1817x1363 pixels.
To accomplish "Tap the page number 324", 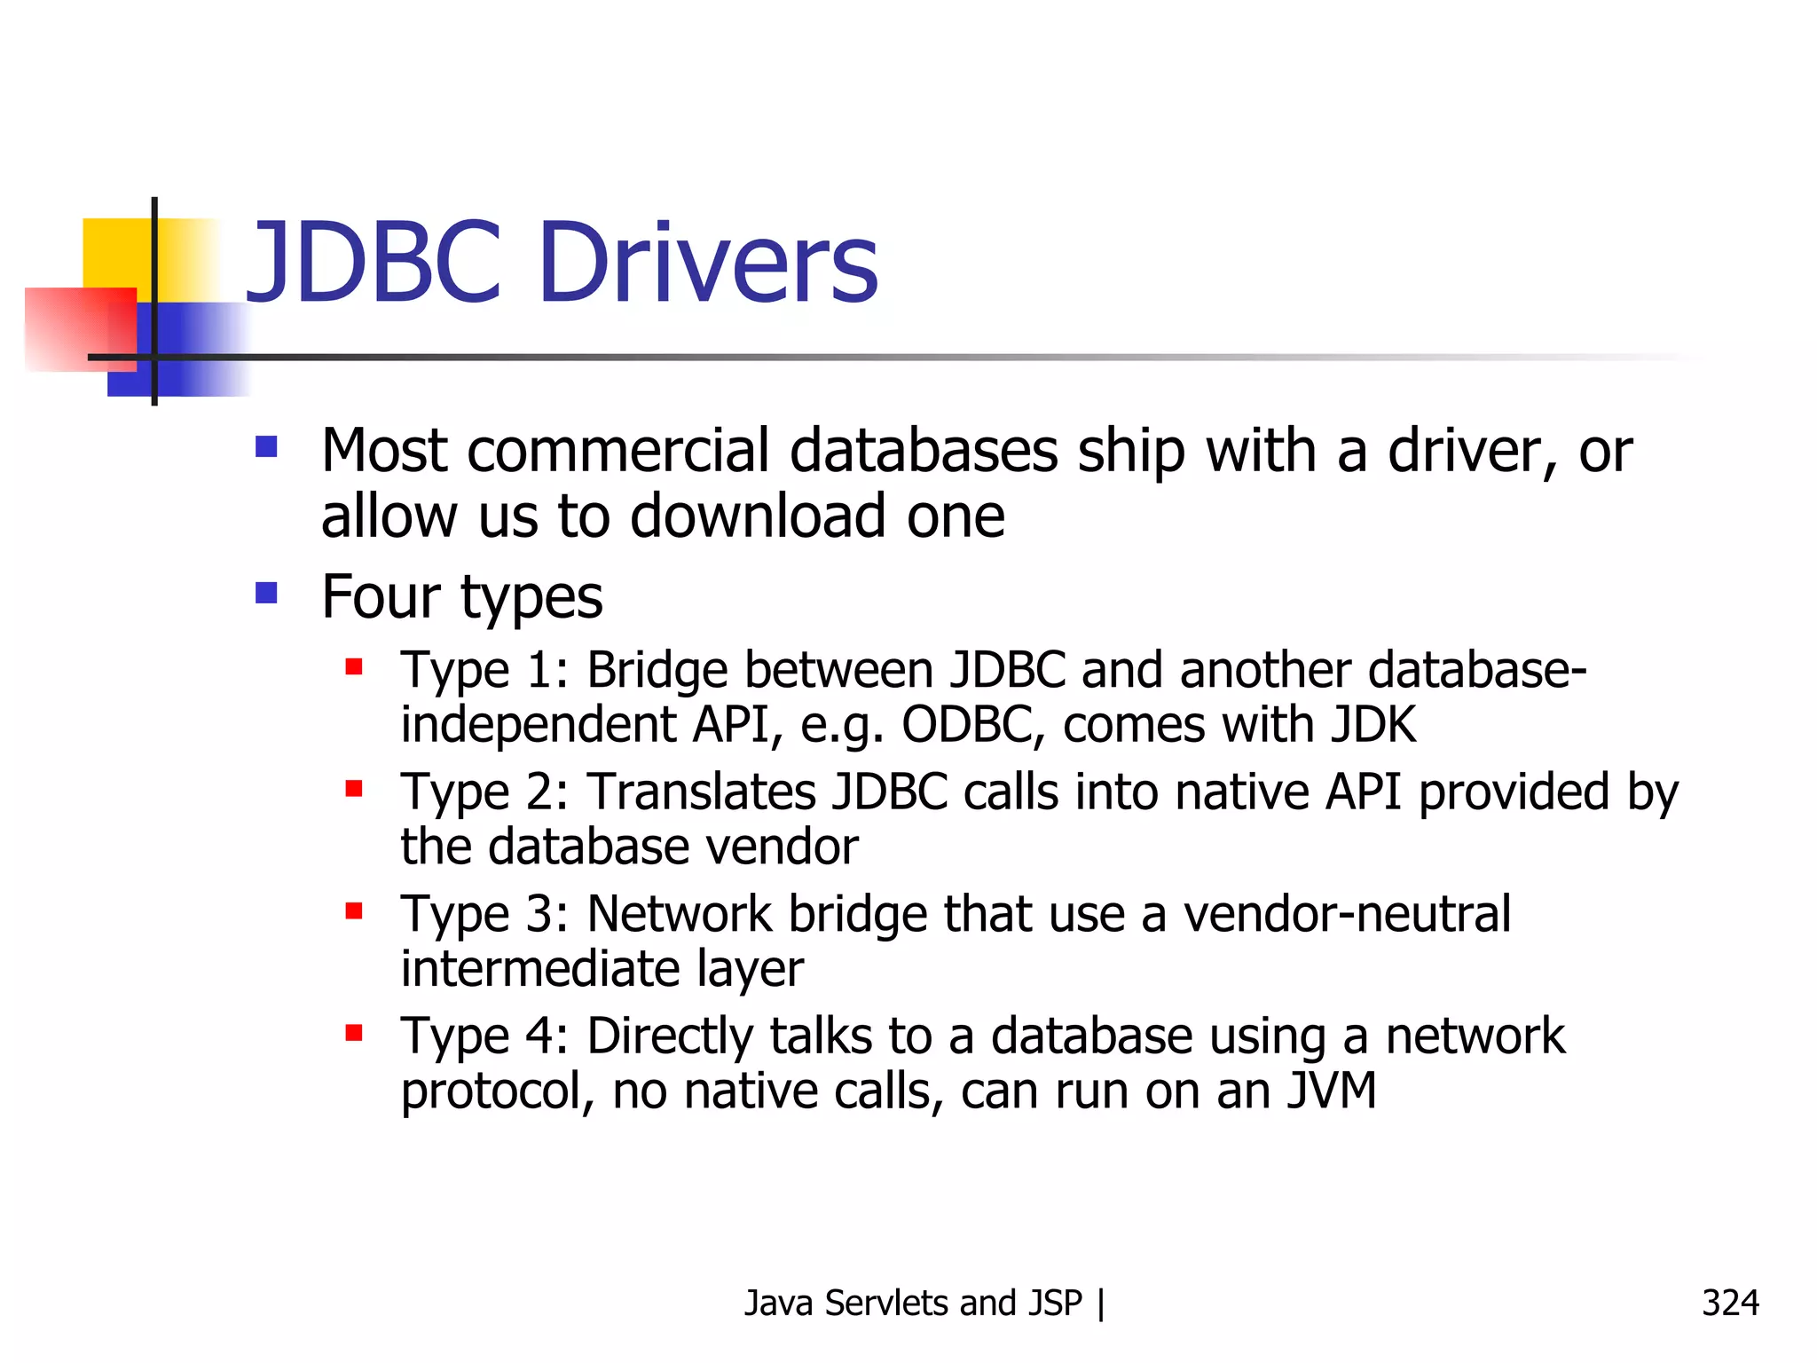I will coord(1730,1303).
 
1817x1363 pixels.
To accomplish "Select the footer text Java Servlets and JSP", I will coord(913,1303).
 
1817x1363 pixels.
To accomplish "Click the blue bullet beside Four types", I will coord(266,592).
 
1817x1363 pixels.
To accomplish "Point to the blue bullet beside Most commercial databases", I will coord(266,445).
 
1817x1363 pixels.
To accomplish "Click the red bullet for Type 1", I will coord(354,666).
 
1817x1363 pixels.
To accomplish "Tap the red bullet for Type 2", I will coord(354,788).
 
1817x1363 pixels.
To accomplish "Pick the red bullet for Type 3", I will coord(354,910).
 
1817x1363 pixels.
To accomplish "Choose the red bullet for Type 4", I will coord(354,1032).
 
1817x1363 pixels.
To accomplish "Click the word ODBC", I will coord(967,725).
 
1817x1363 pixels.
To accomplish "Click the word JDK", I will coord(1373,725).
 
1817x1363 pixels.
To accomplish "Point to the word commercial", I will coord(618,451).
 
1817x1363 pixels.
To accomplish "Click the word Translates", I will coord(701,792).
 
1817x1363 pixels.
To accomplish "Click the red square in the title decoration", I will coord(80,328).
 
